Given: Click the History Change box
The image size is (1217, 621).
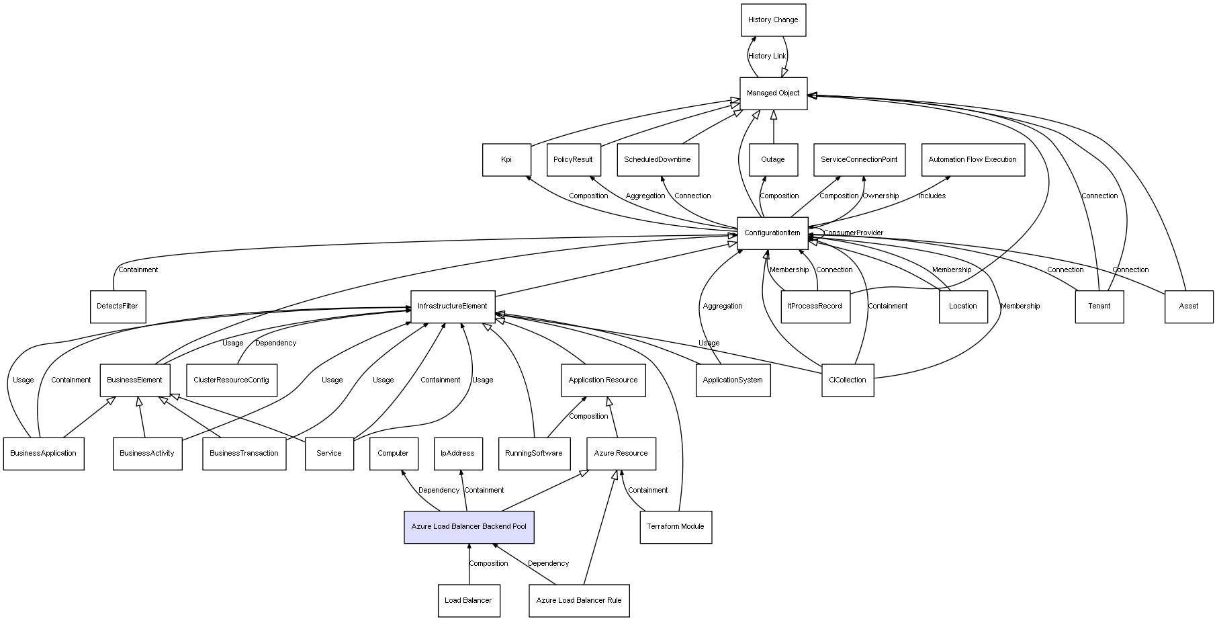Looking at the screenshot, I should click(773, 20).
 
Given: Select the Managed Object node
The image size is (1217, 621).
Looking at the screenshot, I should click(773, 93).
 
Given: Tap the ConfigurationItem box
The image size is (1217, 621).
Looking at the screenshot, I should click(772, 233).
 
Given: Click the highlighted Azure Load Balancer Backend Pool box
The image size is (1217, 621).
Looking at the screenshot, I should click(469, 527).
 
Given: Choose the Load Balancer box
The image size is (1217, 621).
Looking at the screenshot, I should click(468, 600).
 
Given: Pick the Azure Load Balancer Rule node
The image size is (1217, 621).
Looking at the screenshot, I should click(579, 600).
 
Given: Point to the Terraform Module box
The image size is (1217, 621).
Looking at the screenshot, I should click(676, 527).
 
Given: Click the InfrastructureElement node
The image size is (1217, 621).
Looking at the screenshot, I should click(453, 306).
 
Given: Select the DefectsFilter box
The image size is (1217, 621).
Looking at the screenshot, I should click(118, 306).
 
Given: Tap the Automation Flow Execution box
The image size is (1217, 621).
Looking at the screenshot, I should click(973, 160).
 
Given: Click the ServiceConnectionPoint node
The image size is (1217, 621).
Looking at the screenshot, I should click(859, 160).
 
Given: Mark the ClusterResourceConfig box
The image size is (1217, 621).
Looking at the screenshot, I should click(231, 380).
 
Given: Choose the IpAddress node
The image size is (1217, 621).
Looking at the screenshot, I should click(457, 454).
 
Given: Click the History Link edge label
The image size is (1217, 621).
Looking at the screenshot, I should click(767, 56).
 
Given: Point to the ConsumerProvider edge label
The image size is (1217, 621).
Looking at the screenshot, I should click(853, 233).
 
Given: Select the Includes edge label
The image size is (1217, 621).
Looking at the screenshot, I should click(932, 196).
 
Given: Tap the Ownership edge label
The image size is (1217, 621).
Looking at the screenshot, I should click(881, 196).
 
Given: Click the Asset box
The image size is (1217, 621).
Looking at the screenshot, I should click(1189, 306).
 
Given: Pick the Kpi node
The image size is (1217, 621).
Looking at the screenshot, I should click(506, 160).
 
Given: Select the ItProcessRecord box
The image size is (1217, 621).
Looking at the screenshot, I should click(815, 306).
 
